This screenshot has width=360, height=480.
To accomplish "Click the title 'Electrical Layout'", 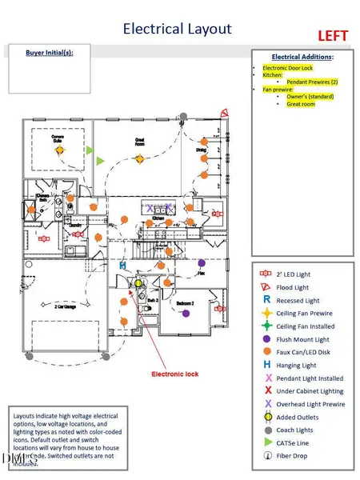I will (x=177, y=30).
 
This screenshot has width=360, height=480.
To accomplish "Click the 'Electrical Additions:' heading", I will (x=302, y=58).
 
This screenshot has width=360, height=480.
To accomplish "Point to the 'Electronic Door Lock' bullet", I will (x=289, y=69).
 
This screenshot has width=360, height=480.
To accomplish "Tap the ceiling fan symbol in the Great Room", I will (x=138, y=158).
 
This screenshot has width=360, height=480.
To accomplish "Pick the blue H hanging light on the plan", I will (x=122, y=265).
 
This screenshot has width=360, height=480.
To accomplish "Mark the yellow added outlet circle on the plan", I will (x=138, y=282).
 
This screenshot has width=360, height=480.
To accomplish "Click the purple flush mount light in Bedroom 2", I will (x=186, y=314).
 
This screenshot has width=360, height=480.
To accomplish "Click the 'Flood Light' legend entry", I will (x=294, y=286).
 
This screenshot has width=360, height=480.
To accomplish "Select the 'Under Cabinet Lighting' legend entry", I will (x=310, y=391).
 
